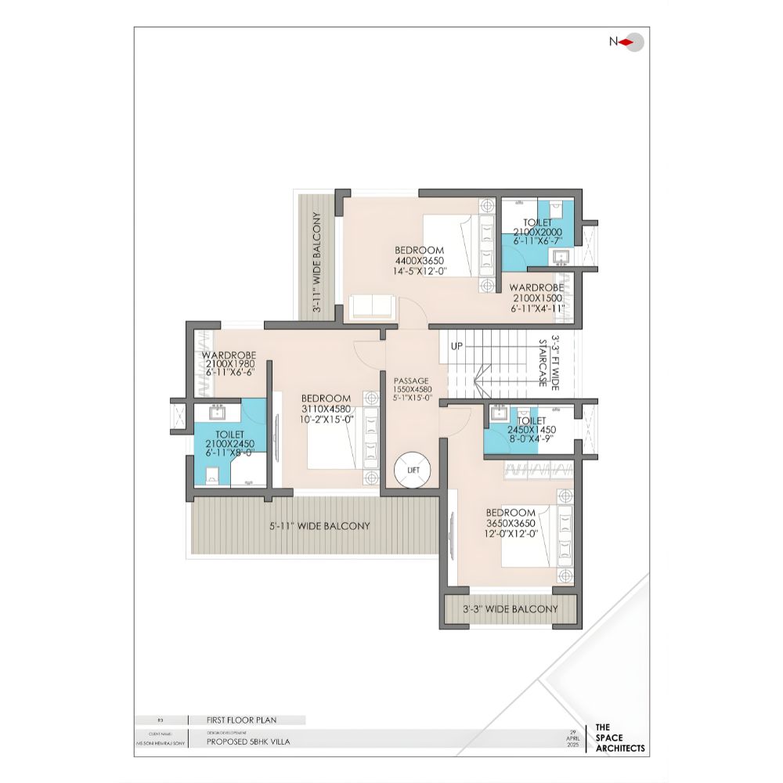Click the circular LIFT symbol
(413, 470)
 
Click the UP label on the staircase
(456, 345)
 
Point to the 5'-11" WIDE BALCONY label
(319, 526)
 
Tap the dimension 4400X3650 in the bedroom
(420, 262)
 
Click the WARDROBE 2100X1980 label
(229, 363)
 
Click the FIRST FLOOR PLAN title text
(241, 720)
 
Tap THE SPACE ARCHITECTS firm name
(620, 738)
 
